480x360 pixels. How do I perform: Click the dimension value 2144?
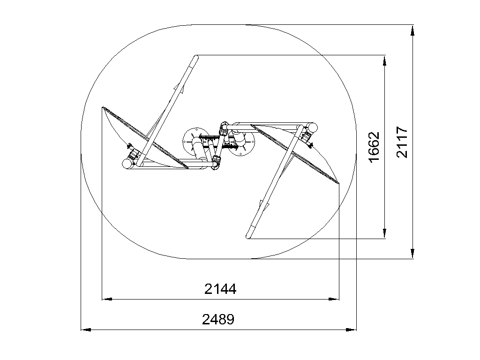(x=220, y=289)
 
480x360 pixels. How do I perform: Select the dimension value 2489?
(x=218, y=319)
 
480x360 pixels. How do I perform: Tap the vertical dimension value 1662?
(x=374, y=147)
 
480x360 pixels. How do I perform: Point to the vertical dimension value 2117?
(x=402, y=142)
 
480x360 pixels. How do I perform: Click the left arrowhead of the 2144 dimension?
(x=107, y=299)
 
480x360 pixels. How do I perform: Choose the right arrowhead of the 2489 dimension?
(x=351, y=330)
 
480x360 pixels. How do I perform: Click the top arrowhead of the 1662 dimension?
(x=384, y=60)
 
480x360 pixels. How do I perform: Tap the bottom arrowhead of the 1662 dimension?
(x=384, y=233)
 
